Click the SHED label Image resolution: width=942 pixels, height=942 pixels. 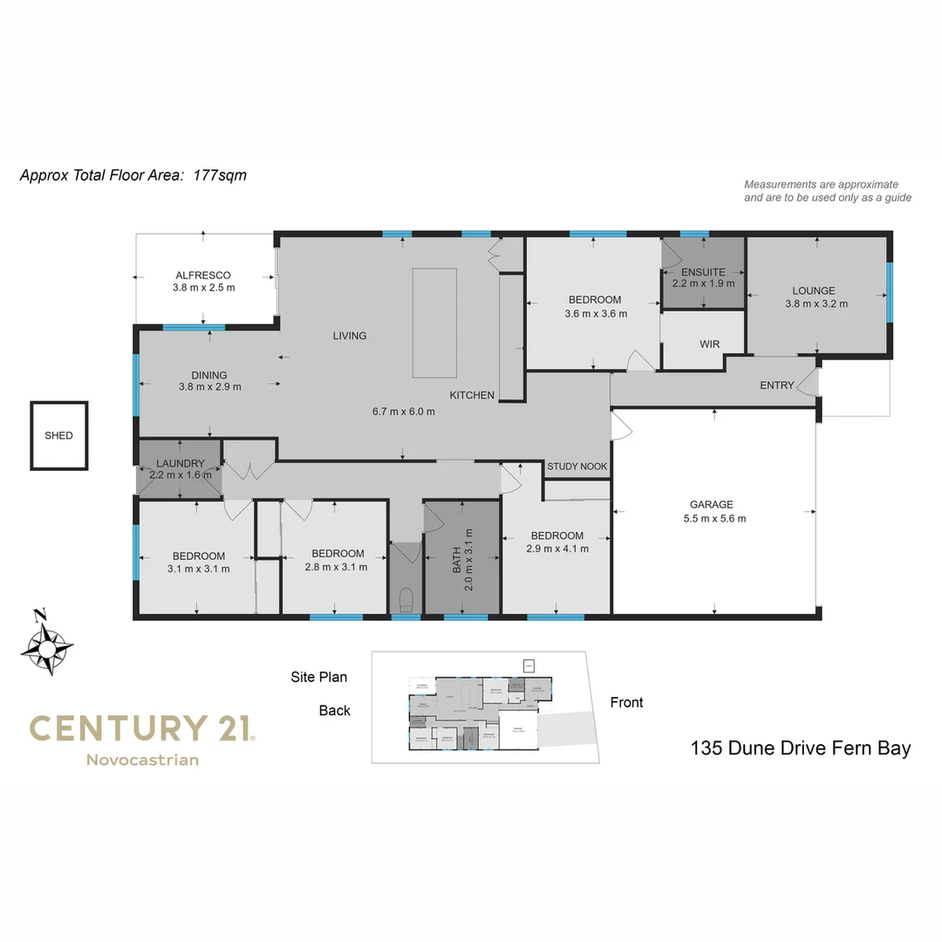pos(59,435)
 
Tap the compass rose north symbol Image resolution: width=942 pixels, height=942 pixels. pos(47,645)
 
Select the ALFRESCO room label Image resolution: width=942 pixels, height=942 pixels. pos(202,275)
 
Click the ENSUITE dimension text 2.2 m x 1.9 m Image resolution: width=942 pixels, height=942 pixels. pos(703,283)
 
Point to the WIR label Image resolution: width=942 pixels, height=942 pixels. pos(709,345)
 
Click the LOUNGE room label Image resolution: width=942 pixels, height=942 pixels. pos(813,290)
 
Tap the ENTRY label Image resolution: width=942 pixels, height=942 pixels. pos(776,385)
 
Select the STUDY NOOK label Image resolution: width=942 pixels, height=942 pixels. pos(577,467)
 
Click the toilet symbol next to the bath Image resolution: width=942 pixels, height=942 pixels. pos(405,599)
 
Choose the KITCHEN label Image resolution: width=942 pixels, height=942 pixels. pos(472,395)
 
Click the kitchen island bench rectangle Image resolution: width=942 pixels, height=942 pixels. pos(434,323)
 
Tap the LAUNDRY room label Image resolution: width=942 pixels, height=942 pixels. pos(181,463)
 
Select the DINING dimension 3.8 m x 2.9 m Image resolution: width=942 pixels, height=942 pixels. pos(209,386)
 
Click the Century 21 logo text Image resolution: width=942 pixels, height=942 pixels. pos(141,727)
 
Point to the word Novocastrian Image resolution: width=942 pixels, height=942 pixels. pos(142,760)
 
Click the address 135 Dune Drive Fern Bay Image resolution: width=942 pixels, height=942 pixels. pos(800,747)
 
